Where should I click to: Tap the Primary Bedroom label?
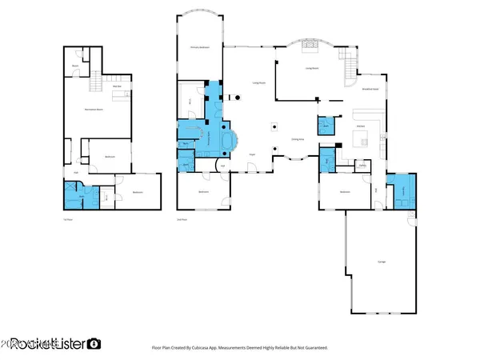click(x=199, y=48)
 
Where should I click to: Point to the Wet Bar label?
click(x=116, y=88)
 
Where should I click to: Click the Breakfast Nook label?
click(x=370, y=89)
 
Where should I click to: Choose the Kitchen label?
click(x=361, y=126)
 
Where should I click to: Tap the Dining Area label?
click(x=296, y=139)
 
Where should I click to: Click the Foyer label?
click(x=251, y=154)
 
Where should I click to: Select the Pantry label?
click(x=362, y=166)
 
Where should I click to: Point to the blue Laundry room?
click(x=404, y=190)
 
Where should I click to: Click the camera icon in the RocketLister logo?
click(x=94, y=344)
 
